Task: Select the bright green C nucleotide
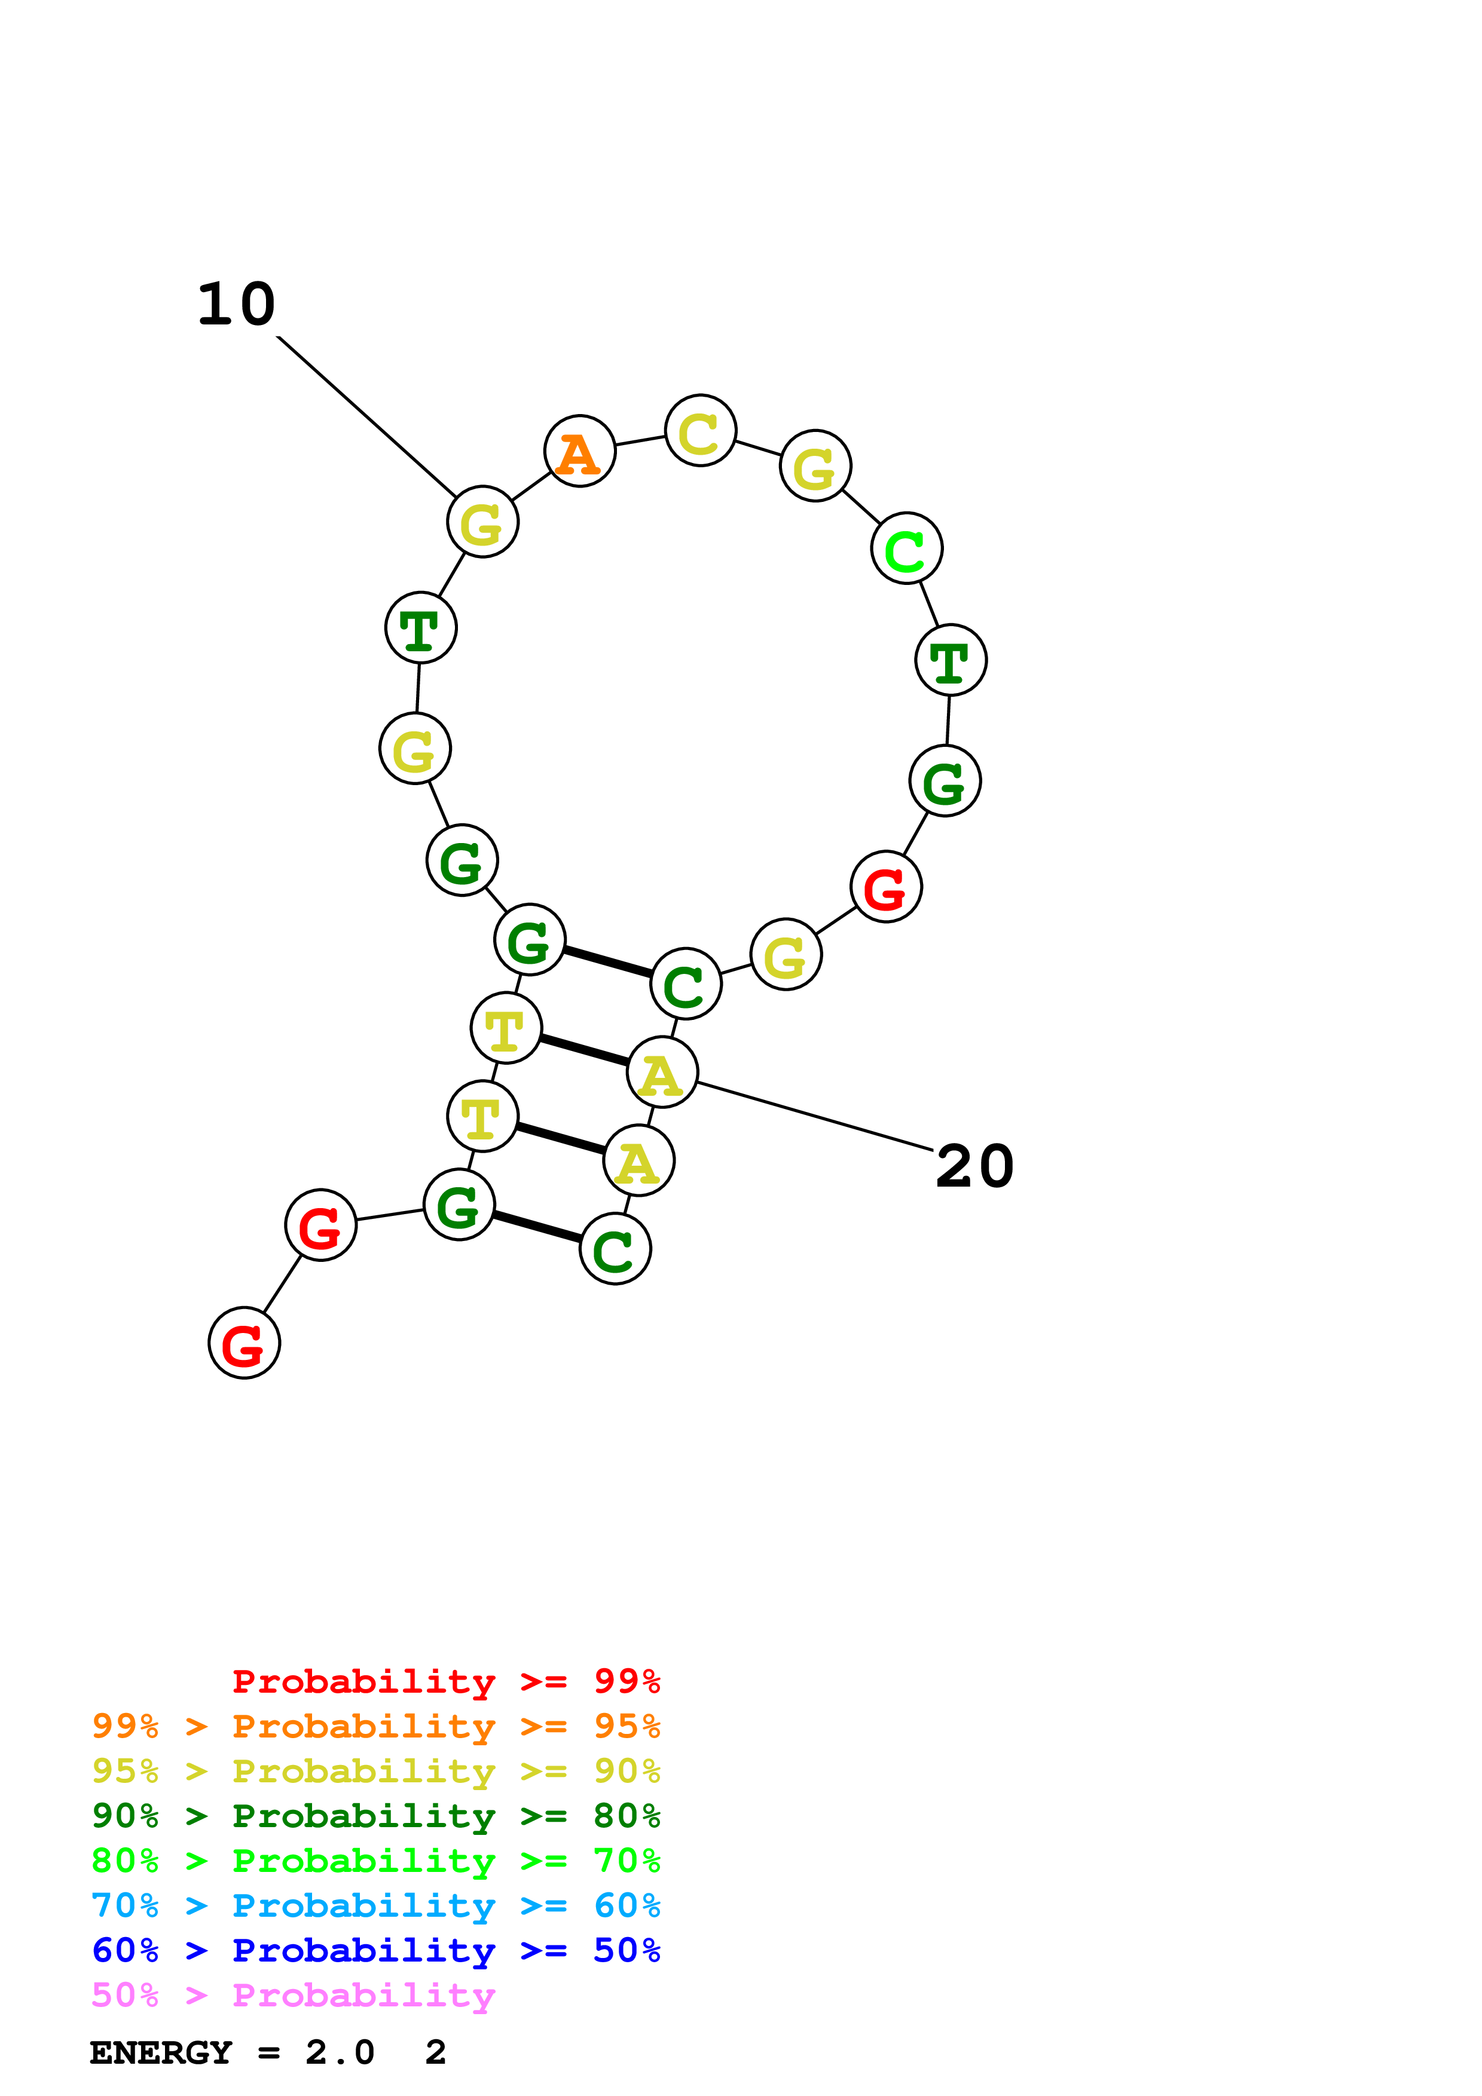click(906, 548)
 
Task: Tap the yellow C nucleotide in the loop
click(701, 431)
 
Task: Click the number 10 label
click(237, 304)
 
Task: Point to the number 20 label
click(974, 1167)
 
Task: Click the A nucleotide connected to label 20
click(662, 1072)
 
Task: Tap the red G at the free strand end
click(244, 1344)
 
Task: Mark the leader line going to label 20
click(812, 1116)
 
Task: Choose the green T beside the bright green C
click(951, 660)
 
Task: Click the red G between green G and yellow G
click(886, 887)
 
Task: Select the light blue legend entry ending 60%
click(375, 1906)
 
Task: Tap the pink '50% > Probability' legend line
click(293, 1996)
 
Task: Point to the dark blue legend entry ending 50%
click(375, 1951)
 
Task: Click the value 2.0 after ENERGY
click(340, 2053)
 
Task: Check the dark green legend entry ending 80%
click(375, 1816)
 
